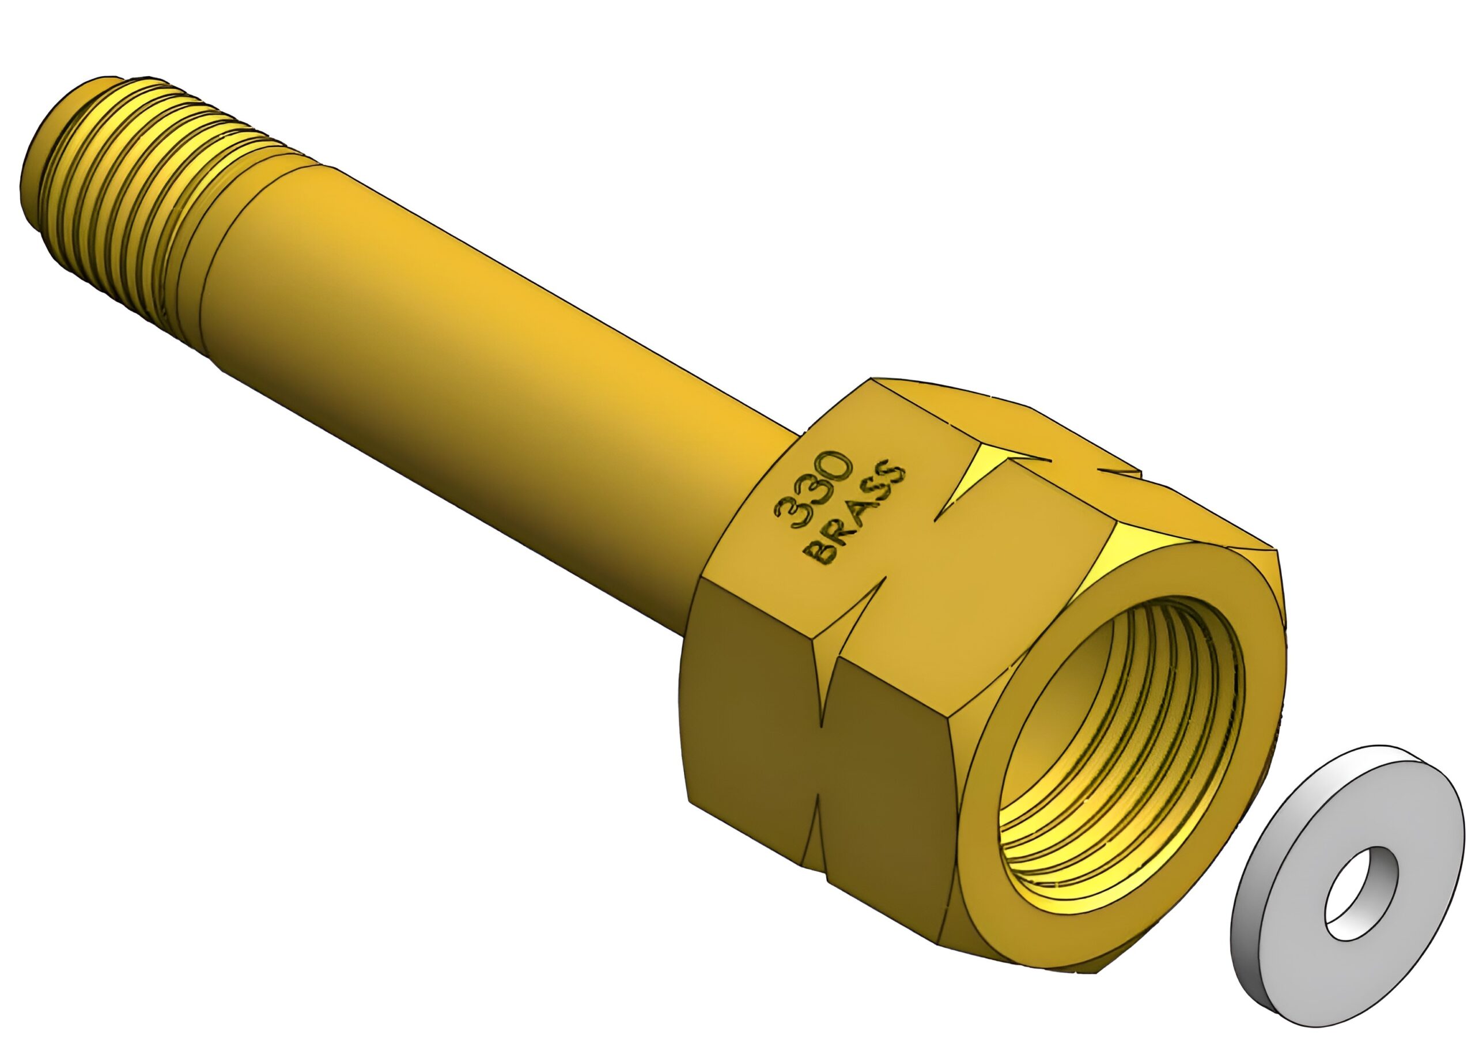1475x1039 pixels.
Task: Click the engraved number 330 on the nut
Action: [x=814, y=490]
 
